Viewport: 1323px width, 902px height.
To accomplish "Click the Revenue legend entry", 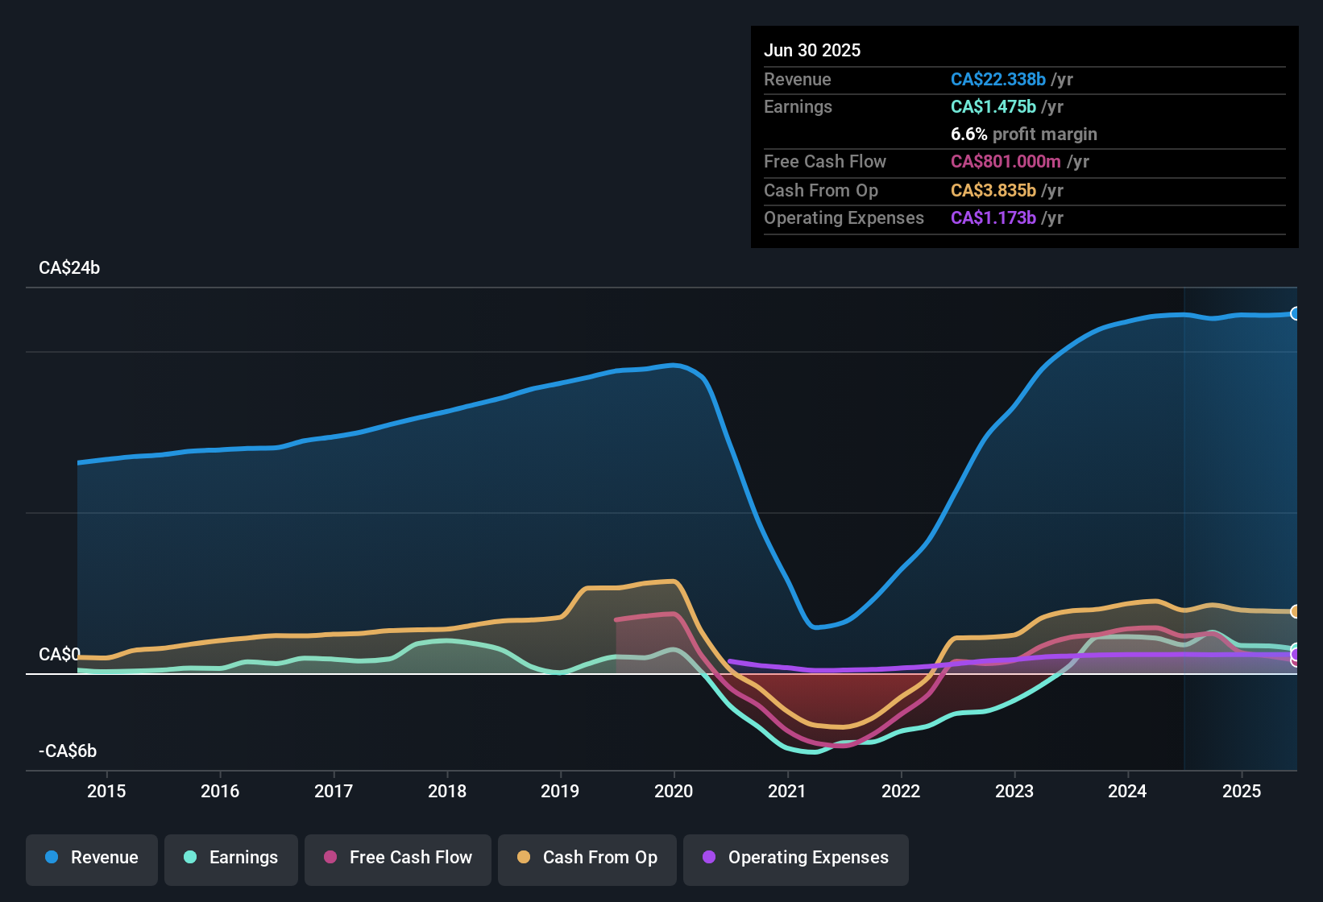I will click(x=92, y=858).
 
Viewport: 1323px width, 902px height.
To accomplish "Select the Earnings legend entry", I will click(x=231, y=858).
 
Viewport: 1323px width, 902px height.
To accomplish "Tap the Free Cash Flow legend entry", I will click(x=398, y=858).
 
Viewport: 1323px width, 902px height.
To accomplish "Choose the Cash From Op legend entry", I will click(x=587, y=858).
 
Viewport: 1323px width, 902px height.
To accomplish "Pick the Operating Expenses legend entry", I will click(x=796, y=858).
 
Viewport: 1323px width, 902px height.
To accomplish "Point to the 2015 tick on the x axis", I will click(x=106, y=791).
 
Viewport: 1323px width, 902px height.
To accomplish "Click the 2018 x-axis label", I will click(x=447, y=791).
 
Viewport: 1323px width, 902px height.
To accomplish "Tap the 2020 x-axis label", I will click(x=674, y=791).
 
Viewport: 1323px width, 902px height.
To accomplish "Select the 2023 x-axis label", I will click(x=1014, y=791).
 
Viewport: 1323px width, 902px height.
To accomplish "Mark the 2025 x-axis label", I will click(x=1242, y=791).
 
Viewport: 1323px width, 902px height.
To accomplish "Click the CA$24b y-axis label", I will click(x=69, y=268).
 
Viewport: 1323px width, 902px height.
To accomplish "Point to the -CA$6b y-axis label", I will click(x=68, y=751).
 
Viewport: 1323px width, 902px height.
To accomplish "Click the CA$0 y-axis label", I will click(x=59, y=654).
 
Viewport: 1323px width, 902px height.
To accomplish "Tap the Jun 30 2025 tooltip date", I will click(x=812, y=50).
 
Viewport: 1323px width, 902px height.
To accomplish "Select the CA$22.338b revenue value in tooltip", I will click(x=998, y=79).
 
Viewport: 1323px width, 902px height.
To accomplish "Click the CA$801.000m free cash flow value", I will click(x=1006, y=161).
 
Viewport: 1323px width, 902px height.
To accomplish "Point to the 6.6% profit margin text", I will click(x=1024, y=134).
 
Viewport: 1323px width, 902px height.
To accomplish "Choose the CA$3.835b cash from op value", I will click(x=993, y=190).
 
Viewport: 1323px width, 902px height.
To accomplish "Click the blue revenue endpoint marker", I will click(x=1295, y=313).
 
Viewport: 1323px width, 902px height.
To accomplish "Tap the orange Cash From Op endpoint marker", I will click(x=1295, y=611).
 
